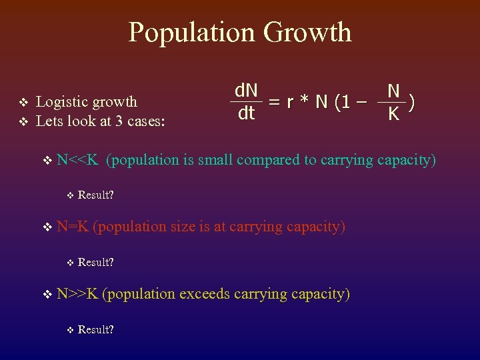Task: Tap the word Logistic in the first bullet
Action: click(63, 101)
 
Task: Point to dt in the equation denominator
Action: click(246, 114)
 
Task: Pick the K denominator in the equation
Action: click(394, 115)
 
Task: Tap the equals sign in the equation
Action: click(273, 102)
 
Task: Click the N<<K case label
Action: click(78, 160)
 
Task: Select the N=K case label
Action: click(73, 227)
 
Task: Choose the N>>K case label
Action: click(78, 293)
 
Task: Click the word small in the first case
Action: click(215, 160)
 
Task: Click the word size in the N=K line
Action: click(183, 227)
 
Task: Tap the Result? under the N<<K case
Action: click(95, 195)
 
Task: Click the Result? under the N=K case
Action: click(95, 262)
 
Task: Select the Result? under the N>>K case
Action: click(95, 329)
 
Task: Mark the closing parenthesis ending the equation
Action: click(413, 102)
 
